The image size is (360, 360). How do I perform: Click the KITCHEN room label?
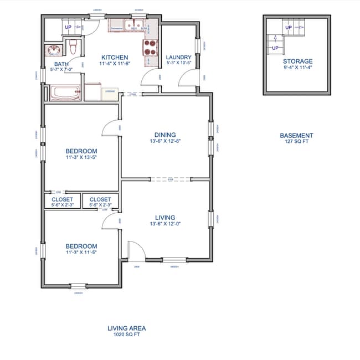114,57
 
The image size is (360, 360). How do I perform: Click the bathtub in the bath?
65,92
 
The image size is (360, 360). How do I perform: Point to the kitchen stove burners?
150,49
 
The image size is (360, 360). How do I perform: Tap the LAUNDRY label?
178,57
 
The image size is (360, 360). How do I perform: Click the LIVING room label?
165,218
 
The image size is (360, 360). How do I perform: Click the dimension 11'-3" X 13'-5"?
81,158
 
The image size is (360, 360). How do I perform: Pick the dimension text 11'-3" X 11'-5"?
81,253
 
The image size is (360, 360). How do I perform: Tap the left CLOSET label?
62,199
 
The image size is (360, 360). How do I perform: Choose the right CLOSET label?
100,199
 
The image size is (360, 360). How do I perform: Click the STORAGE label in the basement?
297,61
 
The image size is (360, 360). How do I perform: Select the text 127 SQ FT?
296,142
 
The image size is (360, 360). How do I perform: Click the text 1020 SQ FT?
126,335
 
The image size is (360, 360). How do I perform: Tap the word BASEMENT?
296,135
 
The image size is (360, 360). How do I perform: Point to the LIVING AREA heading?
126,328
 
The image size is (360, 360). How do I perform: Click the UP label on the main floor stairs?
68,27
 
